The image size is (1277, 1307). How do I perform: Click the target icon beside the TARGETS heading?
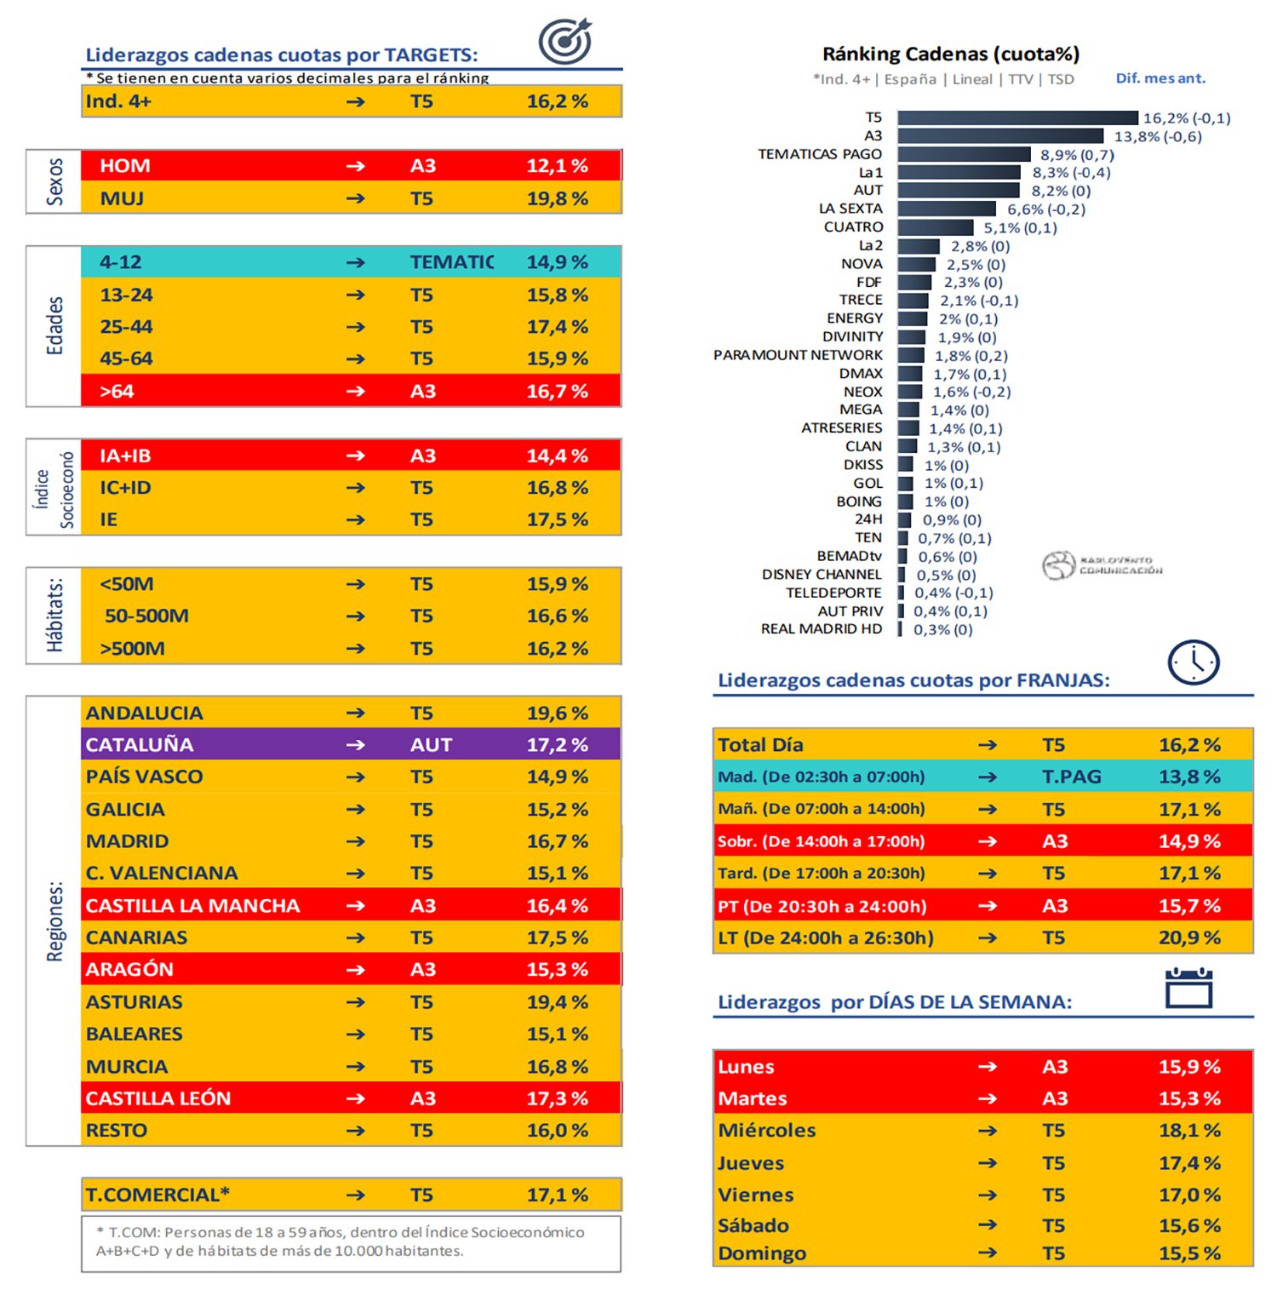[x=565, y=41]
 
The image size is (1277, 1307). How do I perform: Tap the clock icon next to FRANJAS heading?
[x=1194, y=662]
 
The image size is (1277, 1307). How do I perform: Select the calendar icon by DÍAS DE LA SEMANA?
[x=1188, y=989]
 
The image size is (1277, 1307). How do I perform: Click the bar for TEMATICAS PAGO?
[x=964, y=154]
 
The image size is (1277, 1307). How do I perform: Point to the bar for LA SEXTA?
[x=946, y=209]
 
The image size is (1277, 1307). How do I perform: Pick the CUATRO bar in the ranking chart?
[x=935, y=227]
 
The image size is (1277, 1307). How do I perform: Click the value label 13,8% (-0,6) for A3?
[x=1158, y=136]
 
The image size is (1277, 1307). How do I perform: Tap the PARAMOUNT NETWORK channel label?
[x=798, y=355]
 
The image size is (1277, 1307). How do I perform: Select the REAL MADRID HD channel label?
[x=821, y=629]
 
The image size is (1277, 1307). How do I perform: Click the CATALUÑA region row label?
[x=140, y=745]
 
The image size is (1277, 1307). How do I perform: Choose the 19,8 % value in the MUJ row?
[x=557, y=198]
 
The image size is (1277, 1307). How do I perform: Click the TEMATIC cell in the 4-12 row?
[x=451, y=262]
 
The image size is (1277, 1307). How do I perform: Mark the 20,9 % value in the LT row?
[x=1189, y=937]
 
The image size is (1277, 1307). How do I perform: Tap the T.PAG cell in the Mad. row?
[x=1071, y=777]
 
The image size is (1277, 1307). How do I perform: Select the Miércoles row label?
[x=766, y=1131]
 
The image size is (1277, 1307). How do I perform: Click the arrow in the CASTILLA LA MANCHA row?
[x=356, y=905]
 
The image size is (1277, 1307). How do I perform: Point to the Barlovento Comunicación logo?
[x=1102, y=565]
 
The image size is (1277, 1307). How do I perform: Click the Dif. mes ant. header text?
[x=1160, y=78]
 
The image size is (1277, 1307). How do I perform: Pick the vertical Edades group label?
[x=54, y=326]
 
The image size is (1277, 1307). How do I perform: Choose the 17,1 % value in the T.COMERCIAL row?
[x=557, y=1195]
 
